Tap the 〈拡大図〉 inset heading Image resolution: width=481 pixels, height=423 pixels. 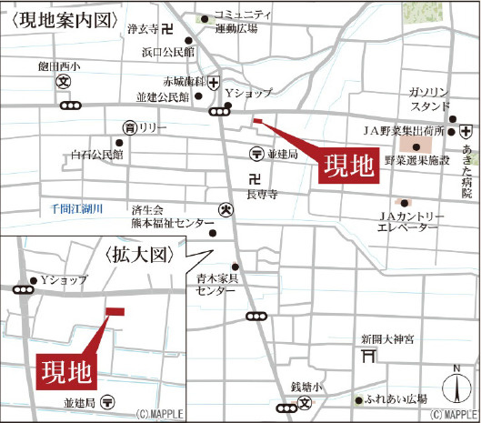[x=138, y=254]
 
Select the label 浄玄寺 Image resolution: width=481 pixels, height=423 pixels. [x=144, y=29]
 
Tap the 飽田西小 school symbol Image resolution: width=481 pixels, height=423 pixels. [x=64, y=81]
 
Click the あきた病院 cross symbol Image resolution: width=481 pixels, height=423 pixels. [x=465, y=131]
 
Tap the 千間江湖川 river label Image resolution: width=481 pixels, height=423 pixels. [x=77, y=209]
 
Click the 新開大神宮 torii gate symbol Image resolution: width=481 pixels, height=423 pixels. [x=368, y=358]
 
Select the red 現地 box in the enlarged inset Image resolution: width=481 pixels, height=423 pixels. [x=66, y=370]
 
